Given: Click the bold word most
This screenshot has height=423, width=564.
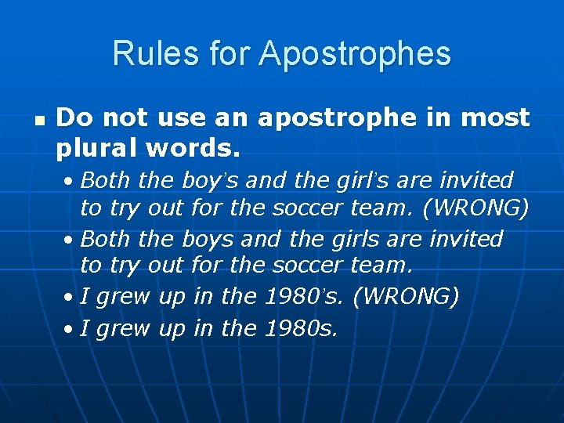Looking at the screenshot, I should point(496,117).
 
